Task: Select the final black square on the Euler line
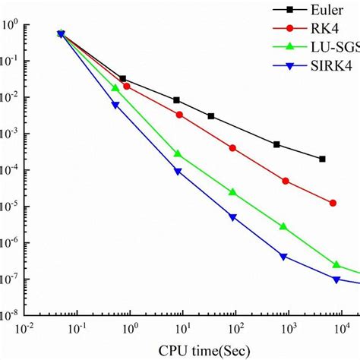click(x=323, y=159)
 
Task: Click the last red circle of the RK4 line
click(x=333, y=203)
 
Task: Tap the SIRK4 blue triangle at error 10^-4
click(x=178, y=172)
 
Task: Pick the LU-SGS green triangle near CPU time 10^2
click(x=232, y=192)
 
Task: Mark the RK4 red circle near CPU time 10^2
click(x=232, y=147)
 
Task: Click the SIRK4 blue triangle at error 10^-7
click(x=336, y=279)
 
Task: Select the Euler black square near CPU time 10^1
click(x=177, y=100)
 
